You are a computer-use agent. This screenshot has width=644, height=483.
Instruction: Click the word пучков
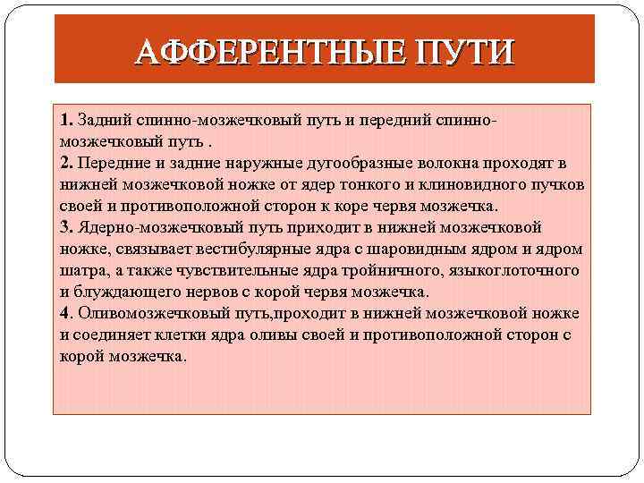coord(556,184)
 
